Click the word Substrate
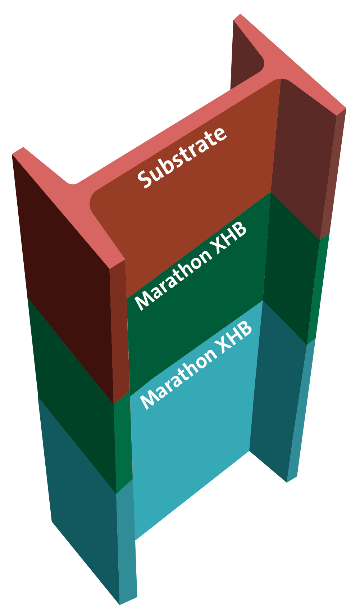182,158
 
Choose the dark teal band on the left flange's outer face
82,502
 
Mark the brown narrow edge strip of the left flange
119,330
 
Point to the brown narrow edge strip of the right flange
333,173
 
